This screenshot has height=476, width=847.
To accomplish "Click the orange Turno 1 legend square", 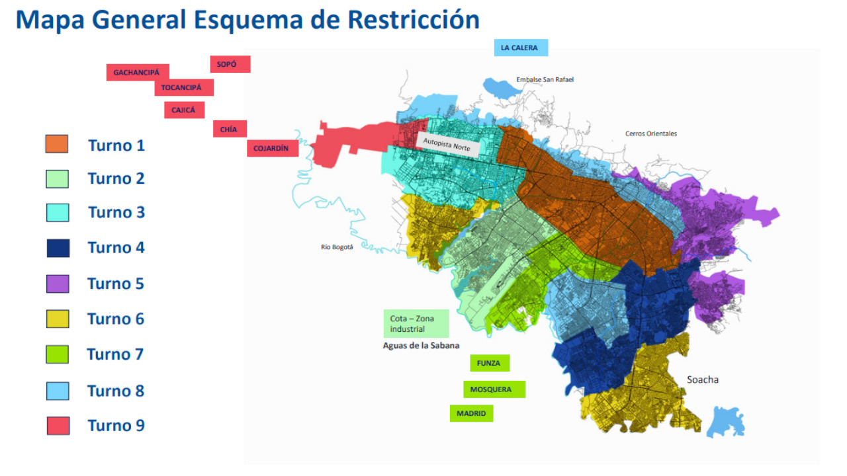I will (x=57, y=144).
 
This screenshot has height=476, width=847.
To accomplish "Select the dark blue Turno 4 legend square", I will (x=58, y=248).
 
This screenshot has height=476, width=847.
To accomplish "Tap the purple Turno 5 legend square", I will (x=58, y=284).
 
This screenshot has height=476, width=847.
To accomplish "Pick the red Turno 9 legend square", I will (x=58, y=426).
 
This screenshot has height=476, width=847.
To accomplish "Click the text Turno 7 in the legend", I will (x=115, y=354).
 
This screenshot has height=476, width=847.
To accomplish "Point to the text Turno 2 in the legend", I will (x=116, y=178).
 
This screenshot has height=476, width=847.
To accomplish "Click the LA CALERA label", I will (x=520, y=48).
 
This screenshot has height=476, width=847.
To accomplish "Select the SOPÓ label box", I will (x=230, y=64).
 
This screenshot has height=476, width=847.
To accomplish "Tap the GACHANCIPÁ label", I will (x=137, y=72).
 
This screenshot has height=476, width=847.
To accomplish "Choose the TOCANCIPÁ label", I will (x=183, y=87).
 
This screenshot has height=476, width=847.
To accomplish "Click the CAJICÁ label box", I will (x=184, y=110).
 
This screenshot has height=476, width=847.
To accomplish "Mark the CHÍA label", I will (x=229, y=129).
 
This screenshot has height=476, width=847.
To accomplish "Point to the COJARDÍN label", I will (x=271, y=149).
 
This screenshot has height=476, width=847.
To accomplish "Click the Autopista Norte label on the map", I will (x=447, y=145).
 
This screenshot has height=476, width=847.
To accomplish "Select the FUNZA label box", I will (x=489, y=363).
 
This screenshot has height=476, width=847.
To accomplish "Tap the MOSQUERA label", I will (x=493, y=389).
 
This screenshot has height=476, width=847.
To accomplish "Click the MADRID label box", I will (x=471, y=413).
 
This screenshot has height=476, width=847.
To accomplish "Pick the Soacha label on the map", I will (x=702, y=379).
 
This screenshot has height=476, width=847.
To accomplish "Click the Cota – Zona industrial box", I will (x=416, y=323).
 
